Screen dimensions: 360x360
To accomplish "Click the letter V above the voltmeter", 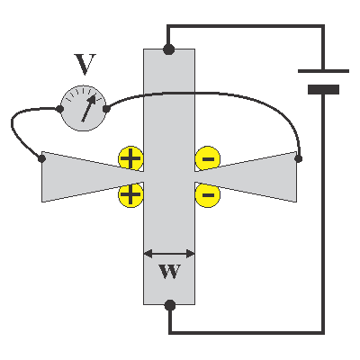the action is (x=85, y=64).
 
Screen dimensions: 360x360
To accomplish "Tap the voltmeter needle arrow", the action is (x=89, y=108).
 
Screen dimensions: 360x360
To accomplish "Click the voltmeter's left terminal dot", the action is (x=59, y=109).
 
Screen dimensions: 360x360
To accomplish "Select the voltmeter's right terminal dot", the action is (x=106, y=108).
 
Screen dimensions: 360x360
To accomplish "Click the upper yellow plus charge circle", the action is (x=130, y=158).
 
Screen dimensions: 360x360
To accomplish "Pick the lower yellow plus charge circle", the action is (x=130, y=194).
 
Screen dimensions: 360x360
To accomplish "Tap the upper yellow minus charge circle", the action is (x=208, y=158).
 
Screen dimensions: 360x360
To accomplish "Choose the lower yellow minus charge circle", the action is (x=208, y=195).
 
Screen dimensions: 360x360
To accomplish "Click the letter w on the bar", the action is (x=170, y=271).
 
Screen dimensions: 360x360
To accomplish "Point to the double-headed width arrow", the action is (x=169, y=254).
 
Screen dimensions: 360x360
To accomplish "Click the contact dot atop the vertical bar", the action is (x=169, y=49).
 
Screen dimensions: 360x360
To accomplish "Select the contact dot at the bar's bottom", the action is (x=170, y=305).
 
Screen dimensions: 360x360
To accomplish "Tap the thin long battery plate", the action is (x=323, y=71).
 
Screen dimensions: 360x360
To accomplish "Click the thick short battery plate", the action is (x=323, y=89).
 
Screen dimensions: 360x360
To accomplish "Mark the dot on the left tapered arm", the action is (x=41, y=158).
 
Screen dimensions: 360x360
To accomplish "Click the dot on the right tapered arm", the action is (x=299, y=158).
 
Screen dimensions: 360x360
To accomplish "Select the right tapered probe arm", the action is (x=246, y=176).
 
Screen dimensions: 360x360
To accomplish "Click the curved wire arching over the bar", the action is (x=210, y=94).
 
